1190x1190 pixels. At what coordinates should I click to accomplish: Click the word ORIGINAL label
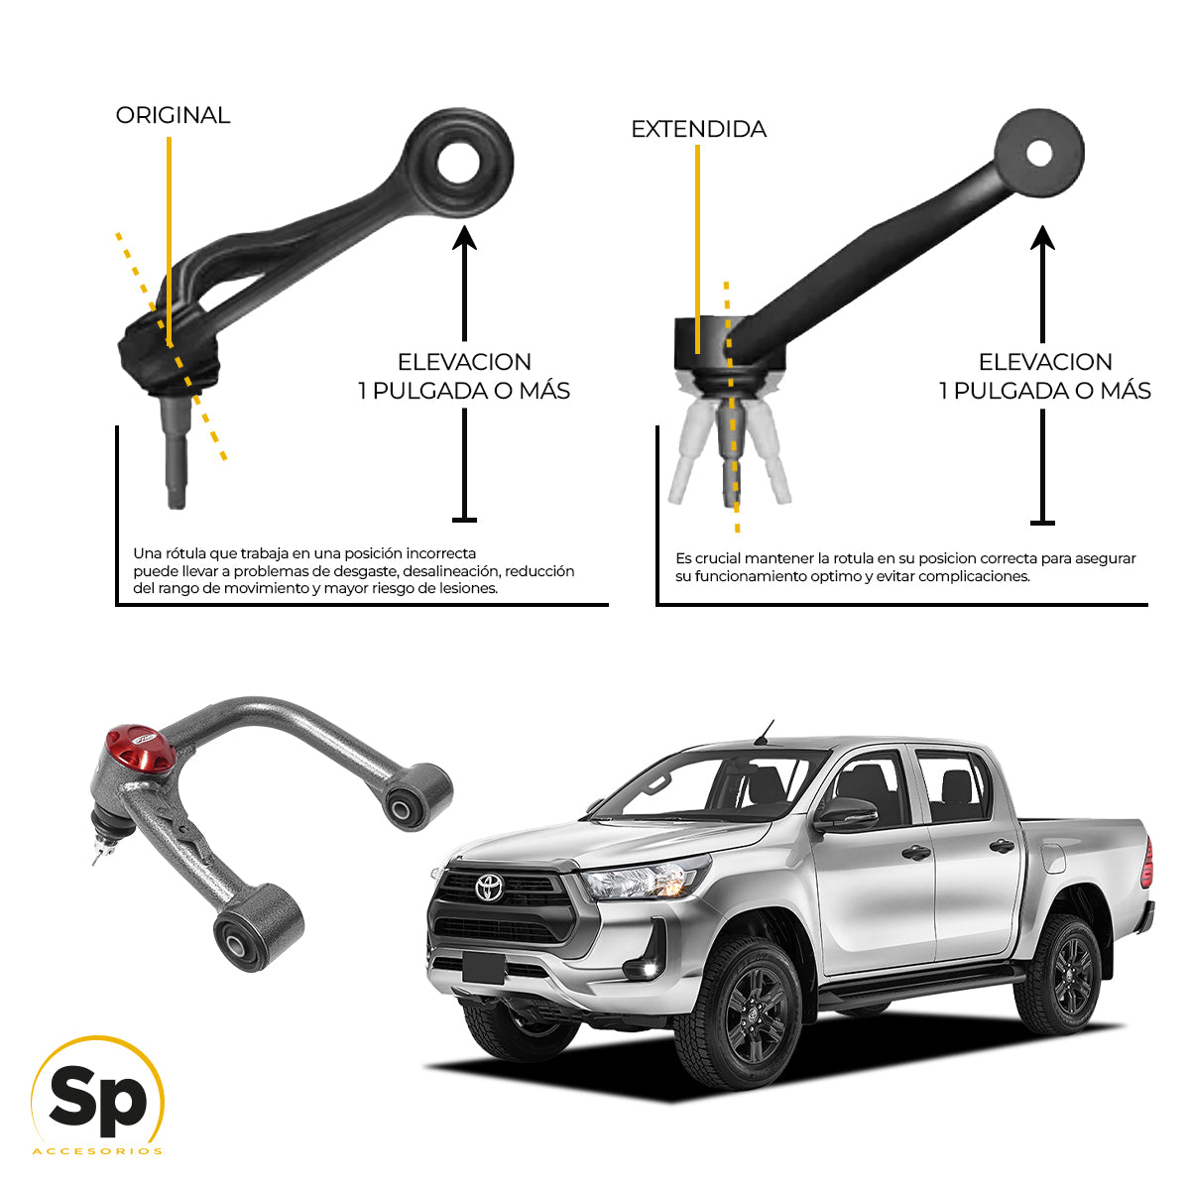(x=173, y=116)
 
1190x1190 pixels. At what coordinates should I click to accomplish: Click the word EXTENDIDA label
(x=698, y=130)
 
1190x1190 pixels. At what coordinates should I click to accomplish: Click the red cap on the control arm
(x=139, y=750)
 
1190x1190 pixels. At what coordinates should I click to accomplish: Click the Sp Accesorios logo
(x=97, y=1098)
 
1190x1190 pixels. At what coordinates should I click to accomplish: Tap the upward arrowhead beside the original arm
(x=464, y=238)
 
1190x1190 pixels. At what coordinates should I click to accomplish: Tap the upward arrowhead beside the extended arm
(x=1041, y=238)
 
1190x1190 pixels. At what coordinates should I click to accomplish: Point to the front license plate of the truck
(x=483, y=966)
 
